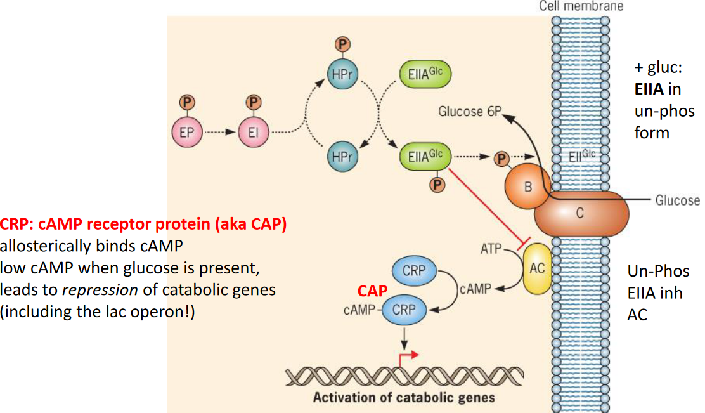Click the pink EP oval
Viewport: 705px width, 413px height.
pyautogui.click(x=187, y=133)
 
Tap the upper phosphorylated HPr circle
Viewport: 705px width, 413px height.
pyautogui.click(x=342, y=74)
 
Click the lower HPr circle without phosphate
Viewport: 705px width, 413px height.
pyautogui.click(x=342, y=155)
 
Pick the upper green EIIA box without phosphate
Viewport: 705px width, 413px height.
pyautogui.click(x=425, y=74)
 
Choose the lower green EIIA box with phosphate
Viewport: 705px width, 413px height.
pyautogui.click(x=425, y=155)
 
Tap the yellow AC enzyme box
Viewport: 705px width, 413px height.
pyautogui.click(x=537, y=268)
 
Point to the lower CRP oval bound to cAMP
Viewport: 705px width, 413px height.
pyautogui.click(x=404, y=310)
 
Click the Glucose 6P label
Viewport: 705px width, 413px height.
pyautogui.click(x=470, y=112)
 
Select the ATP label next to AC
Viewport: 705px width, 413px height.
pyautogui.click(x=491, y=249)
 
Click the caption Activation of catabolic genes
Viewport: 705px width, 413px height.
pyautogui.click(x=404, y=398)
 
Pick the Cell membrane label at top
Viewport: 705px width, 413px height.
pyautogui.click(x=581, y=6)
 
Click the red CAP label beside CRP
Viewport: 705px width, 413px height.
pyautogui.click(x=373, y=291)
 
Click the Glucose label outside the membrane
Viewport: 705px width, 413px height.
pyautogui.click(x=677, y=200)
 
